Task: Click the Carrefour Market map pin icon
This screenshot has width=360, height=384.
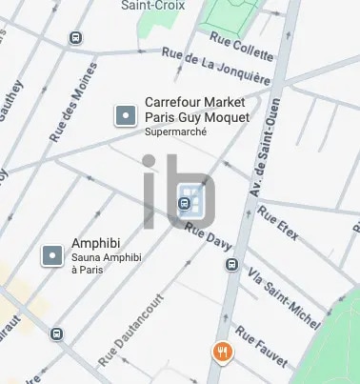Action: pyautogui.click(x=125, y=116)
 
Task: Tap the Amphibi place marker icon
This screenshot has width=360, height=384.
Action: pyautogui.click(x=52, y=255)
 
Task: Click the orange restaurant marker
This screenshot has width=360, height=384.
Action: pyautogui.click(x=222, y=352)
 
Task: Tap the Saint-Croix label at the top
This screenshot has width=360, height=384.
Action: pyautogui.click(x=152, y=5)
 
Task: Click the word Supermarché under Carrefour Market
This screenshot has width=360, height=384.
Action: pyautogui.click(x=175, y=132)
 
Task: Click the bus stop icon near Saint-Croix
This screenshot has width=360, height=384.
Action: pyautogui.click(x=75, y=38)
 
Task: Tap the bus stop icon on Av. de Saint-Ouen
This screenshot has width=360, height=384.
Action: pyautogui.click(x=230, y=268)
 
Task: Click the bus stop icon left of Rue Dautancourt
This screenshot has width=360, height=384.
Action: pyautogui.click(x=57, y=333)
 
